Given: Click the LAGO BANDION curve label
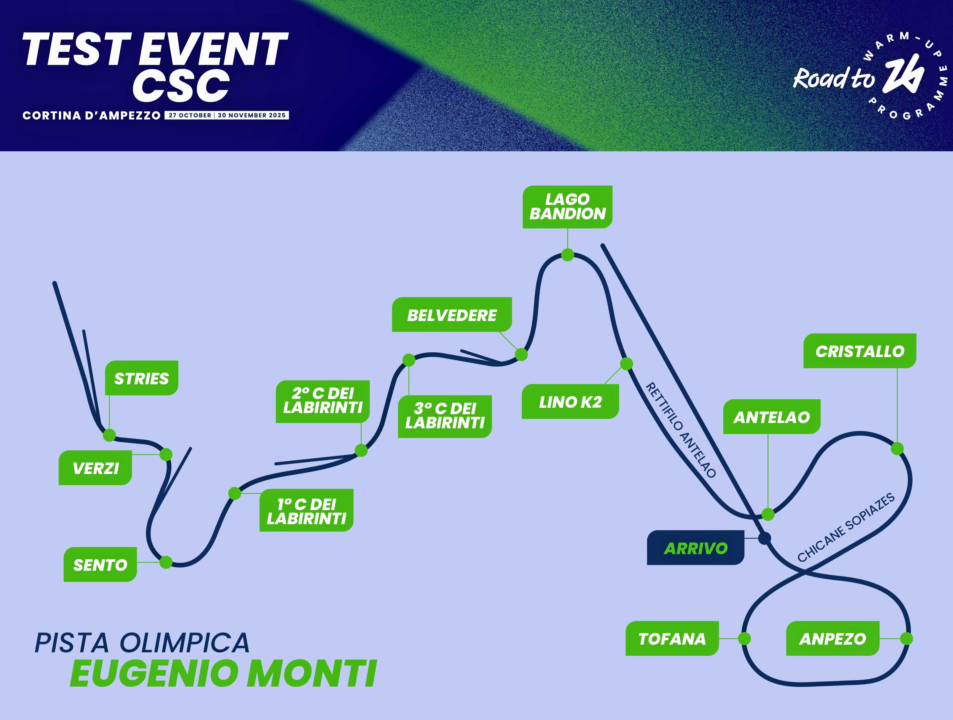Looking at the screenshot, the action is (567, 207).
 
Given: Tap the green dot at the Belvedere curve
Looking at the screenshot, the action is (521, 355).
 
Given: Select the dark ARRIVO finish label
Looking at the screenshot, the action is (695, 548).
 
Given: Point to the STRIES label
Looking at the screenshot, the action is (141, 378).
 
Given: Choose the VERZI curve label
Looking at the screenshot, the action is (95, 468).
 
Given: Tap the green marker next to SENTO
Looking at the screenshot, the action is (166, 562).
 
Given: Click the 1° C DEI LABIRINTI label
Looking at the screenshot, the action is (306, 510).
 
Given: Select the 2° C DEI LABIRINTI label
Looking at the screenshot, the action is (323, 402).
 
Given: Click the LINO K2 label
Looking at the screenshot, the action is (570, 402).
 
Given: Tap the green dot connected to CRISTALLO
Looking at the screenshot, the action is (897, 449).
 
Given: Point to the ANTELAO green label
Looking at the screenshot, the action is (772, 417).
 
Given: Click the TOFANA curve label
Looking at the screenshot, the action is (672, 639).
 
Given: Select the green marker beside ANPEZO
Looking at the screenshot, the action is (906, 639).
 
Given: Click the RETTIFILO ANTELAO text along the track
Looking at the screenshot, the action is (681, 430).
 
